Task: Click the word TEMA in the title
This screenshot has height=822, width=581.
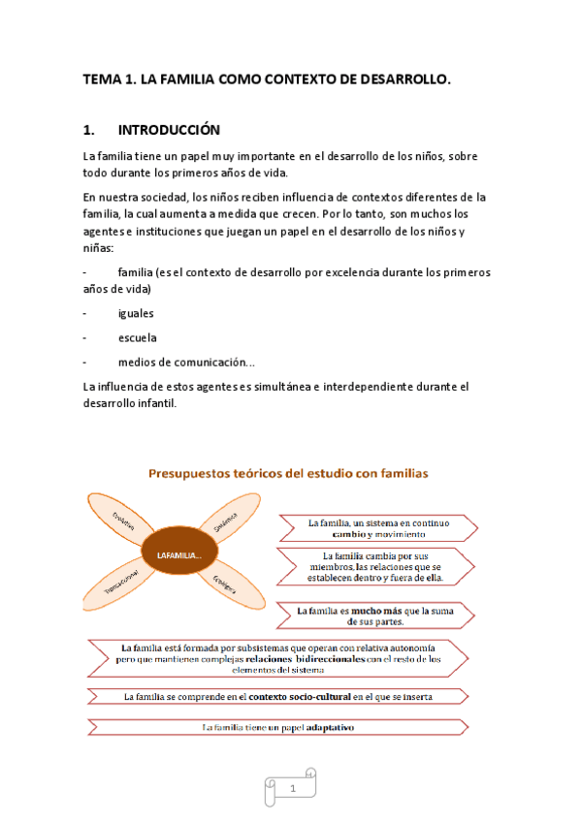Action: pyautogui.click(x=102, y=83)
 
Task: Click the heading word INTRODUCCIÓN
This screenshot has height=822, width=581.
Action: pyautogui.click(x=169, y=130)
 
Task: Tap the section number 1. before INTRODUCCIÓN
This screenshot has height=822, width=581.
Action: pyautogui.click(x=90, y=130)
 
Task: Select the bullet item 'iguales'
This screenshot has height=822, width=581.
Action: pyautogui.click(x=136, y=313)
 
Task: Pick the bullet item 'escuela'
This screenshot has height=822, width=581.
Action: pyautogui.click(x=137, y=337)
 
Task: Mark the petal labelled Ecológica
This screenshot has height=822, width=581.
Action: pyautogui.click(x=225, y=584)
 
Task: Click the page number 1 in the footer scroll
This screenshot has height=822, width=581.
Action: pyautogui.click(x=292, y=790)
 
